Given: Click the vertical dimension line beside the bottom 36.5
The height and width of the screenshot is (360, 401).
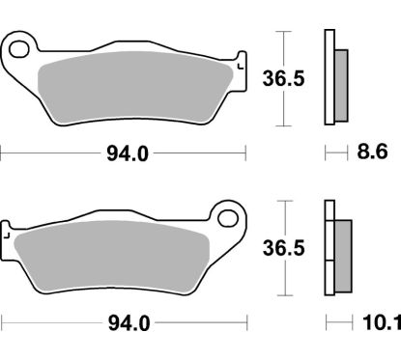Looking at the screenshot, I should pyautogui.click(x=282, y=249).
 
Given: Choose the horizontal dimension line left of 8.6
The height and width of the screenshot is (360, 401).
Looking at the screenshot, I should pyautogui.click(x=334, y=152).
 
